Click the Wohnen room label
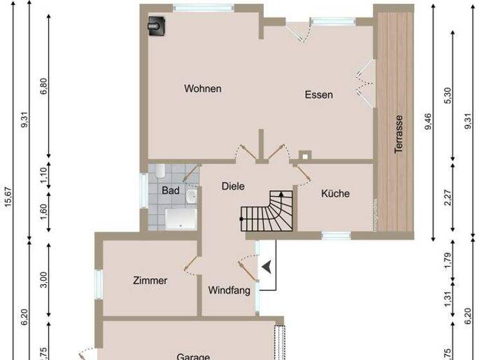click(203, 89)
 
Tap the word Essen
click(318, 95)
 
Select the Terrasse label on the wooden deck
click(399, 134)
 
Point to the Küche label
click(335, 193)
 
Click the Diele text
click(233, 186)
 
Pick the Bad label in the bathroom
click(170, 191)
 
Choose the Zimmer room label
click(150, 280)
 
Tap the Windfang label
click(229, 291)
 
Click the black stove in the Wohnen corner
click(156, 26)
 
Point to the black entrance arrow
click(267, 265)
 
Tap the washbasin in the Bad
click(191, 196)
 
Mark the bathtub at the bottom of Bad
click(181, 219)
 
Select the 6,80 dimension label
click(44, 87)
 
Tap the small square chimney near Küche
click(304, 155)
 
